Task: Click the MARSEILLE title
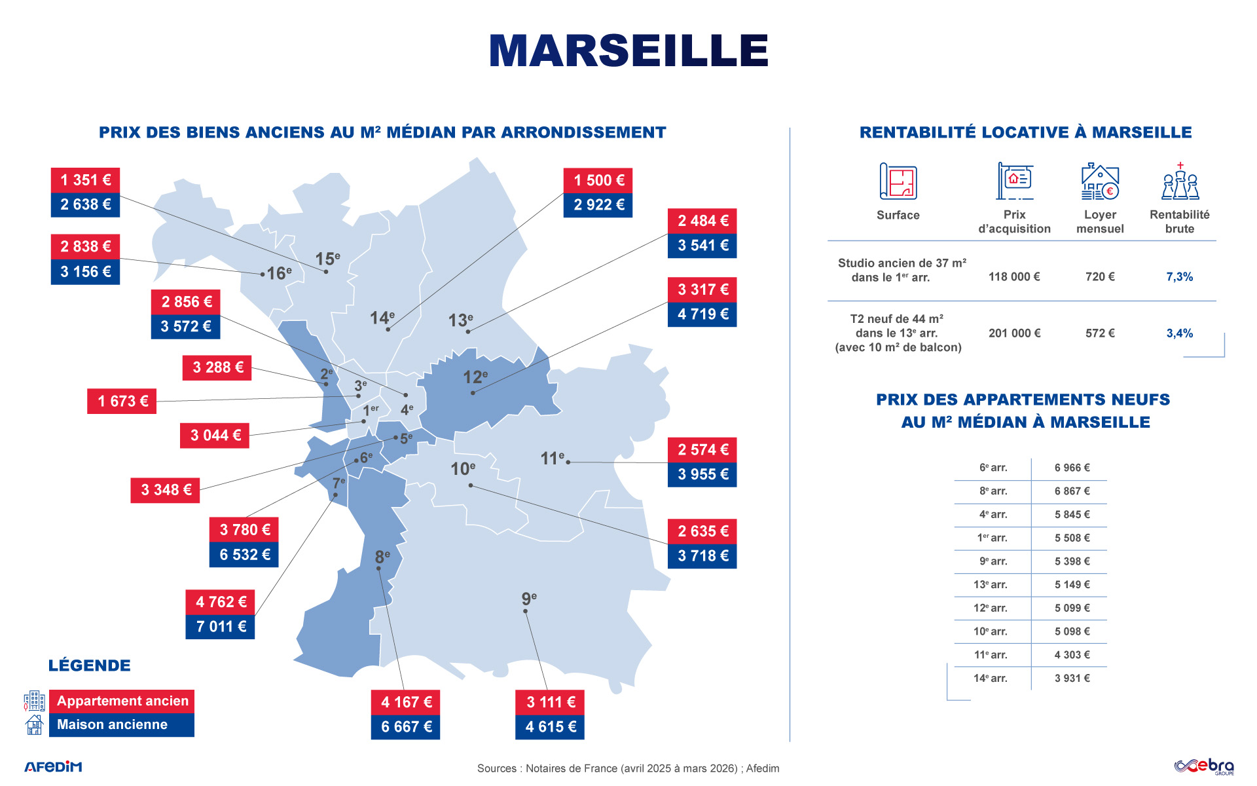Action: [x=628, y=50]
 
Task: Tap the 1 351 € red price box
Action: [x=85, y=180]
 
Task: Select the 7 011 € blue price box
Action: [x=221, y=627]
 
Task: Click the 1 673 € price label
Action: [x=122, y=402]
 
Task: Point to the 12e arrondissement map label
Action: [x=475, y=377]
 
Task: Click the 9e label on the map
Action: [x=529, y=599]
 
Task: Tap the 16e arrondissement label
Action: [x=279, y=272]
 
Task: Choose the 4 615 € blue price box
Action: [x=550, y=727]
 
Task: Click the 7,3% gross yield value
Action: [x=1179, y=277]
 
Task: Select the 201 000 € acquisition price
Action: [x=1014, y=333]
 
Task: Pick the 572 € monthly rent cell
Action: [x=1100, y=333]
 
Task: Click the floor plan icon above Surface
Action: [x=898, y=181]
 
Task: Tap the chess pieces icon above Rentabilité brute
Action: [x=1180, y=181]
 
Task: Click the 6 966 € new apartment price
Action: [x=1072, y=468]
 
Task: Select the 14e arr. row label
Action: [x=990, y=678]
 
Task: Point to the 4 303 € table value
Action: [x=1072, y=654]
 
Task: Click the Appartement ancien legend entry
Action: [x=122, y=701]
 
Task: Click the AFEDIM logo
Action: [x=54, y=766]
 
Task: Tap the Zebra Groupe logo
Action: [x=1204, y=766]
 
